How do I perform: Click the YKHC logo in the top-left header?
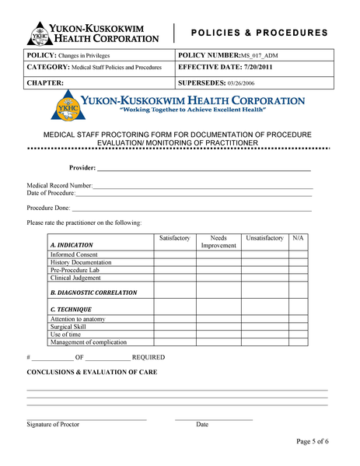pyautogui.click(x=40, y=33)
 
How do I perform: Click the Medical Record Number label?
pyautogui.click(x=60, y=186)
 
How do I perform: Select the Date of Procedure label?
pyautogui.click(x=51, y=193)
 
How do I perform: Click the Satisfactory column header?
pyautogui.click(x=174, y=237)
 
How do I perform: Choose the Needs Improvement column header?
pyautogui.click(x=218, y=241)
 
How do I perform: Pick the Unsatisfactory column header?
pyautogui.click(x=264, y=237)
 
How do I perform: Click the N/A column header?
pyautogui.click(x=298, y=237)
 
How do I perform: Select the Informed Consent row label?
pyautogui.click(x=74, y=254)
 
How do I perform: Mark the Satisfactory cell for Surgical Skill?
pyautogui.click(x=174, y=327)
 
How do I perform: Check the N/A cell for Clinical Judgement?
pyautogui.click(x=298, y=278)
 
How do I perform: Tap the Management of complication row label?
pyautogui.click(x=88, y=342)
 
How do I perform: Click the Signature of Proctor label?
pyautogui.click(x=53, y=425)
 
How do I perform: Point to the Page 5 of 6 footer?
pyautogui.click(x=313, y=441)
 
